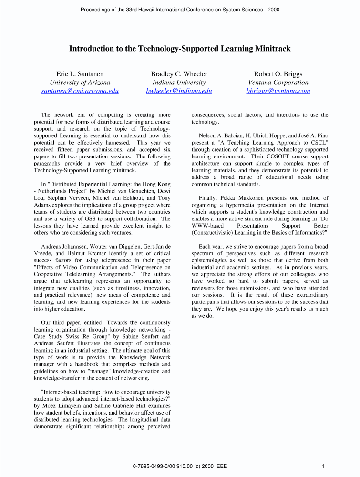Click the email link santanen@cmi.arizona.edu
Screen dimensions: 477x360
tap(80, 91)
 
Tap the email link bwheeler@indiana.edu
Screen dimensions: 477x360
tap(179, 91)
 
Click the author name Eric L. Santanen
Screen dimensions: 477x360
tap(80, 74)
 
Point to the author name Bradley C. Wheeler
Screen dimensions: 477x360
tap(179, 74)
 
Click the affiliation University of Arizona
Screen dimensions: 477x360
tap(80, 83)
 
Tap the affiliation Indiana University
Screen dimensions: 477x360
tap(179, 83)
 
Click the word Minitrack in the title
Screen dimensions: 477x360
tap(272, 49)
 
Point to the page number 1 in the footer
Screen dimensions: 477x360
tap(323, 466)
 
